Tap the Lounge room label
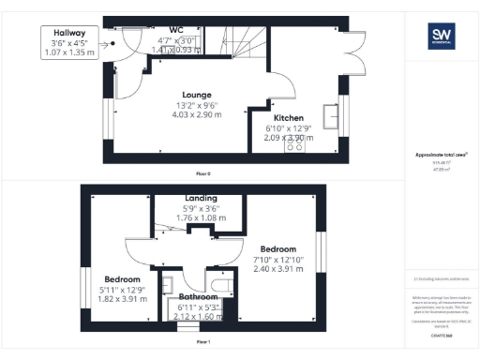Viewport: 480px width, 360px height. pos(196,95)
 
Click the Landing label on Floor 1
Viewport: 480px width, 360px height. pos(202,199)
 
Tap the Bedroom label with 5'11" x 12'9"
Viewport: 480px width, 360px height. pos(122,280)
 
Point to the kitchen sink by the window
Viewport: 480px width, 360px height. pos(332,115)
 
